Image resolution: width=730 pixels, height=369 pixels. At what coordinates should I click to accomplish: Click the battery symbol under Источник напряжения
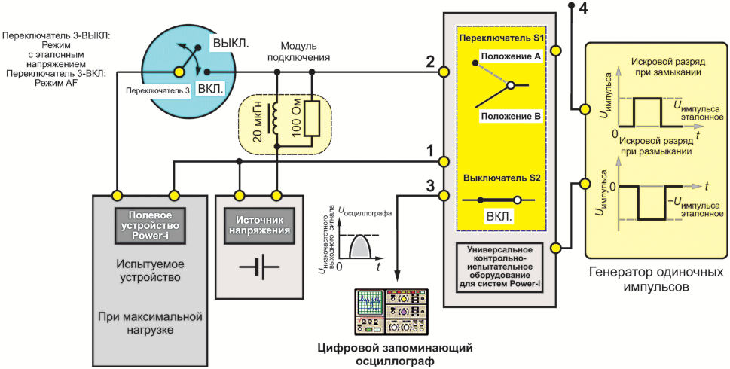pos(259,267)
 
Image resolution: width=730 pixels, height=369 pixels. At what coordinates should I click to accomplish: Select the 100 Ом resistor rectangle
pos(311,118)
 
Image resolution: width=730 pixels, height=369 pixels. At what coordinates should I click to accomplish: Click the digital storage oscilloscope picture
pos(392,312)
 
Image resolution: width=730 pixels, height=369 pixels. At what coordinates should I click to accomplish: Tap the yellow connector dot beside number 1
pos(444,161)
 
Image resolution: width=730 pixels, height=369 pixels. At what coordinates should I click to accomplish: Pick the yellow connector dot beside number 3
pos(444,194)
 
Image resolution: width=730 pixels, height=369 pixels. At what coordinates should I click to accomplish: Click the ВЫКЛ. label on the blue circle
pos(231,44)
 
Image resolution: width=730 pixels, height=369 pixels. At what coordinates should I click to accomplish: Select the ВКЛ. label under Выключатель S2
pos(499,217)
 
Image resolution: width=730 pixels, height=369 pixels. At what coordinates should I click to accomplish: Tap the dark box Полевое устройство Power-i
pos(151,226)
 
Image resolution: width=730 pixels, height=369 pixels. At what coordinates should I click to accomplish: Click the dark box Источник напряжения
pos(259,226)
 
